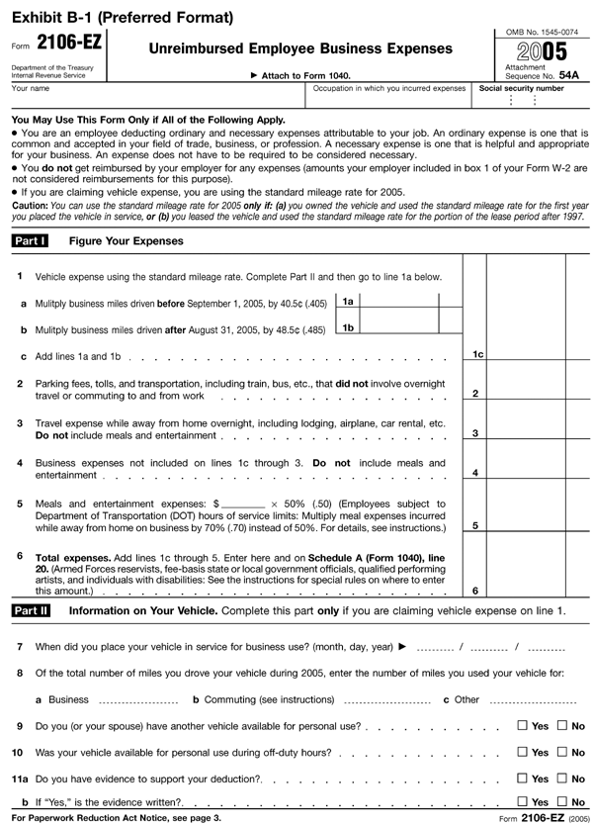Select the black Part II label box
point(31,611)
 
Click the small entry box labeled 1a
point(347,301)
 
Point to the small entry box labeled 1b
point(347,327)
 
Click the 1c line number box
point(476,354)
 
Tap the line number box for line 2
point(476,394)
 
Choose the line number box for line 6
point(476,591)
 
